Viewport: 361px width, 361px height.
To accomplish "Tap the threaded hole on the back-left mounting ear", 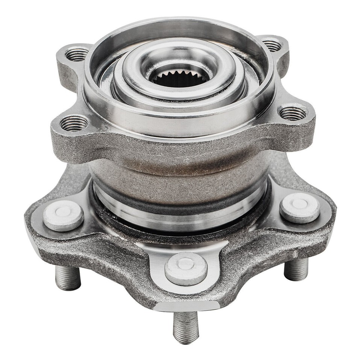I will click(77, 55).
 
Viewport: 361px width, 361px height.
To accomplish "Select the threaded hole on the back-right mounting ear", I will click(272, 46).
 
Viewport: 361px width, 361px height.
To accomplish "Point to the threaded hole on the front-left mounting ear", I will click(74, 123).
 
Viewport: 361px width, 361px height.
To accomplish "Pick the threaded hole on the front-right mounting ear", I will click(293, 113).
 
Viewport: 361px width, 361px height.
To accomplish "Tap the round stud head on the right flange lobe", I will click(300, 208).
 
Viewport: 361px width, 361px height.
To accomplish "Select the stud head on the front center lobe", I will click(186, 268).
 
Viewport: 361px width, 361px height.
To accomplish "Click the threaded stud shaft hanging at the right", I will click(296, 269).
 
